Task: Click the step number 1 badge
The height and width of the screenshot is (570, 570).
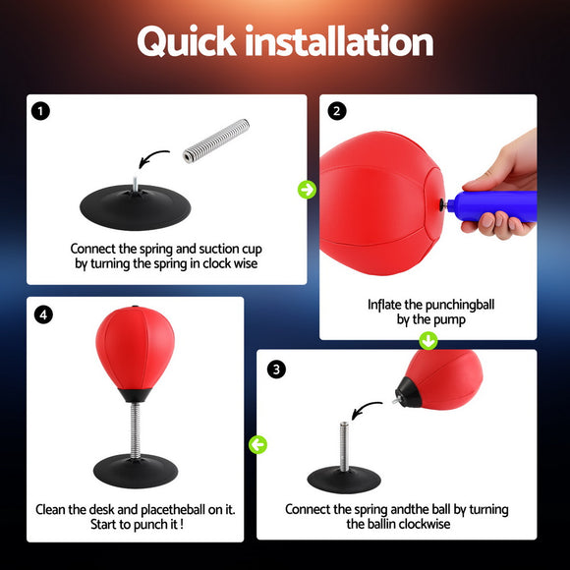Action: coord(40,111)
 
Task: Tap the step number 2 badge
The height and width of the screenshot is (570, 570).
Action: coord(337,111)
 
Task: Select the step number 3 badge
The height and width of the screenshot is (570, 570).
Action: coord(277,370)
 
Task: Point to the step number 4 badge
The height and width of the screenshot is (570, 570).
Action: coord(42,315)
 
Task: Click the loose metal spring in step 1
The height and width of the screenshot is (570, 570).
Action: coord(217,142)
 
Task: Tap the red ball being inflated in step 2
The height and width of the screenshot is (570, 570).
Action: coord(373,201)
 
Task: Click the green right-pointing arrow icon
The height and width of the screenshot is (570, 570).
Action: coord(307,190)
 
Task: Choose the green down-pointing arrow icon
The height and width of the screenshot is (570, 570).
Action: coord(428,341)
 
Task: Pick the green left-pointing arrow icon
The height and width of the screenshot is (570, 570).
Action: coord(257,445)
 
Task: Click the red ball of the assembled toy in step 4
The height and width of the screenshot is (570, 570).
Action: coord(135,349)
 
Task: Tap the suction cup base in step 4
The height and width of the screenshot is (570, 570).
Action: coord(135,471)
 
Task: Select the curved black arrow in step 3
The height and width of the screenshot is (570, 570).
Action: coord(368,407)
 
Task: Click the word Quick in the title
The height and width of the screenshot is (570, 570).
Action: coord(187,42)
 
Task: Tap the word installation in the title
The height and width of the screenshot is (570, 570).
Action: coord(339,42)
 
